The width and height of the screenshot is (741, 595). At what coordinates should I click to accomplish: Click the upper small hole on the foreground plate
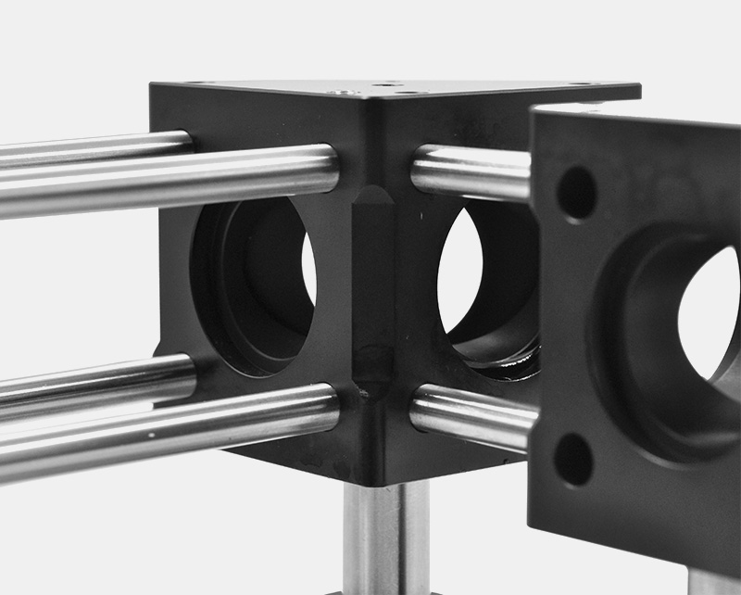tap(576, 193)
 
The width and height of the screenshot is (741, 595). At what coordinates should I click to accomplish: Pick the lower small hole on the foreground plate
tap(574, 458)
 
